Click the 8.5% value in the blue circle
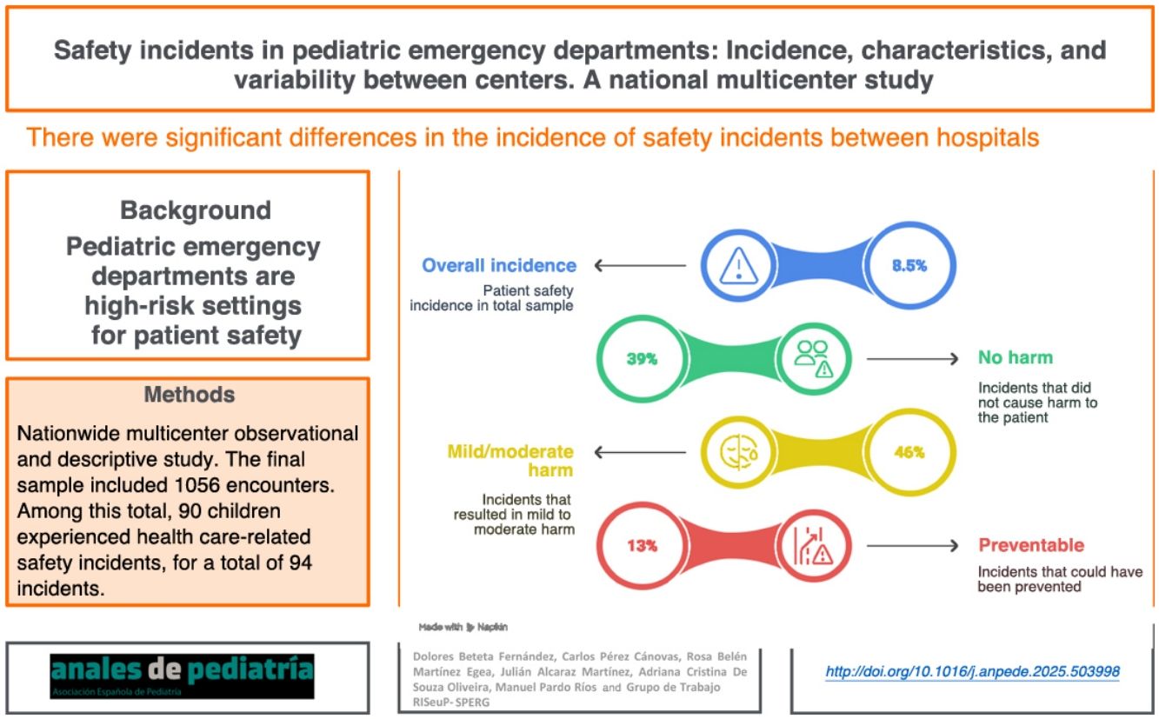click(x=909, y=266)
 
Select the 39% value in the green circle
click(x=642, y=358)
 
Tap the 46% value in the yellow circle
click(x=909, y=452)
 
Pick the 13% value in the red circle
click(x=642, y=546)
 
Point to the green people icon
click(x=814, y=358)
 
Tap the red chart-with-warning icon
click(x=814, y=546)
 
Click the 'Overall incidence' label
click(x=499, y=265)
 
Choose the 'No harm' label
click(x=1015, y=357)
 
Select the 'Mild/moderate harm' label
click(x=510, y=461)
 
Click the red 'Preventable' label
click(x=1031, y=546)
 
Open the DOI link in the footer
click(x=972, y=671)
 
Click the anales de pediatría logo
click(x=182, y=677)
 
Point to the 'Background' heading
click(x=196, y=210)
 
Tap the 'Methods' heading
click(x=189, y=395)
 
